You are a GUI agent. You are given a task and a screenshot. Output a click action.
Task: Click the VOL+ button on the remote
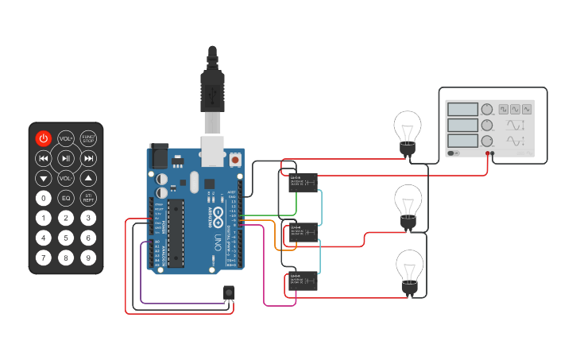[x=66, y=138]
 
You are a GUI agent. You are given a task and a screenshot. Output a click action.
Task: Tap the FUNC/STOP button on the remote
[x=88, y=138]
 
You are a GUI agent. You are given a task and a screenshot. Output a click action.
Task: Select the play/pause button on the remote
[x=66, y=158]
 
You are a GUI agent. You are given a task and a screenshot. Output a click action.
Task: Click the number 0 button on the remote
[x=44, y=198]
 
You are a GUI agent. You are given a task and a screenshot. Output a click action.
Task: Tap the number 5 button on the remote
[x=66, y=238]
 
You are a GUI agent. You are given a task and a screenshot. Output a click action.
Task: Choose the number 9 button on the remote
[x=88, y=257]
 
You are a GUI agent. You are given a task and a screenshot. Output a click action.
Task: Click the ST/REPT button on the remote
[x=88, y=198]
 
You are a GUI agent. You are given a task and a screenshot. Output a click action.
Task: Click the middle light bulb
[x=408, y=204]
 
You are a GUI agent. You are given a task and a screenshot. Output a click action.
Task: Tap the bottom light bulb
[x=408, y=270]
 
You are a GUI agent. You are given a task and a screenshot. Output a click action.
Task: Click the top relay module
[x=303, y=182]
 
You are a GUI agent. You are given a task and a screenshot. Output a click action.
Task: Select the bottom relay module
[x=303, y=281]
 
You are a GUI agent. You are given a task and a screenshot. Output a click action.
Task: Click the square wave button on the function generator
[x=503, y=109]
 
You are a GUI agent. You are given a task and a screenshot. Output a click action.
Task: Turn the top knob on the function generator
[x=486, y=110]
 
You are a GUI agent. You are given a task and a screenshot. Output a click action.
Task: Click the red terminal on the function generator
[x=487, y=153]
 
